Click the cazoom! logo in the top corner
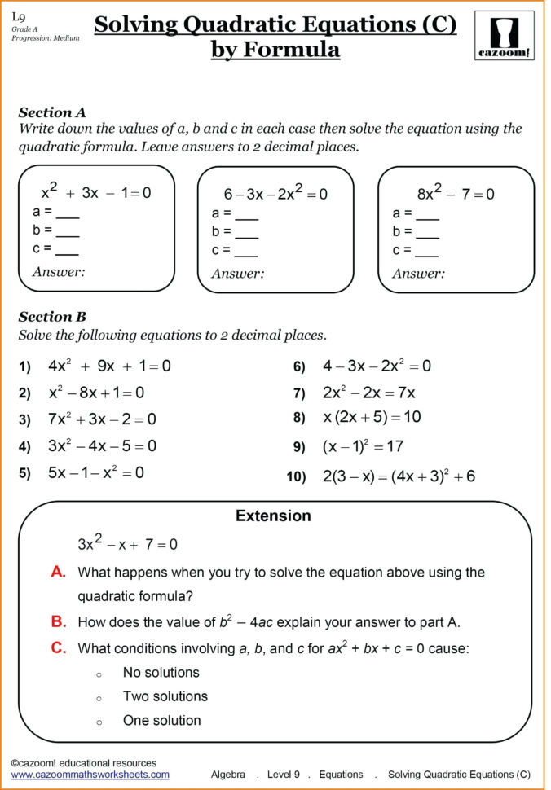click(x=504, y=35)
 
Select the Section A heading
click(x=52, y=112)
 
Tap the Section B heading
click(x=52, y=317)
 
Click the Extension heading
click(x=273, y=516)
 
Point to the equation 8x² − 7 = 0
click(x=456, y=194)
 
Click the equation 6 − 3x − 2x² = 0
click(x=275, y=194)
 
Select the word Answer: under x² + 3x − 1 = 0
click(x=59, y=271)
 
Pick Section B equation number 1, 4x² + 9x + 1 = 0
click(x=109, y=366)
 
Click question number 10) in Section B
click(x=295, y=476)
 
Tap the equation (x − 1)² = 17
click(x=363, y=446)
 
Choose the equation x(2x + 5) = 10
click(x=372, y=417)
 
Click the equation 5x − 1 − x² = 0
click(x=95, y=472)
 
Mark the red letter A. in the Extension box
click(x=58, y=572)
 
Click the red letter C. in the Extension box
click(x=58, y=647)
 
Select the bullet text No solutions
click(x=161, y=673)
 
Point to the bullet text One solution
click(x=161, y=720)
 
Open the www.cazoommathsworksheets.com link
click(x=90, y=775)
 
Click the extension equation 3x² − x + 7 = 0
click(x=127, y=543)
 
